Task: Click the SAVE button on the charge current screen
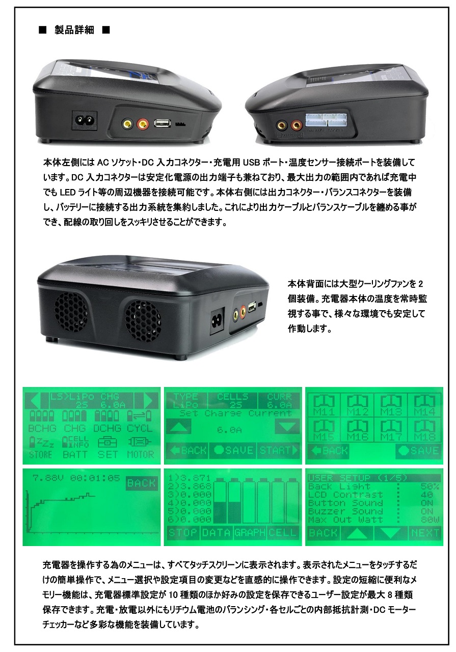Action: click(x=233, y=450)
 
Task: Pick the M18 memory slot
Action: click(x=424, y=431)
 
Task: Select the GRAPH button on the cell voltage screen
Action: click(x=250, y=533)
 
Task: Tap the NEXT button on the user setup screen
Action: click(x=425, y=533)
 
